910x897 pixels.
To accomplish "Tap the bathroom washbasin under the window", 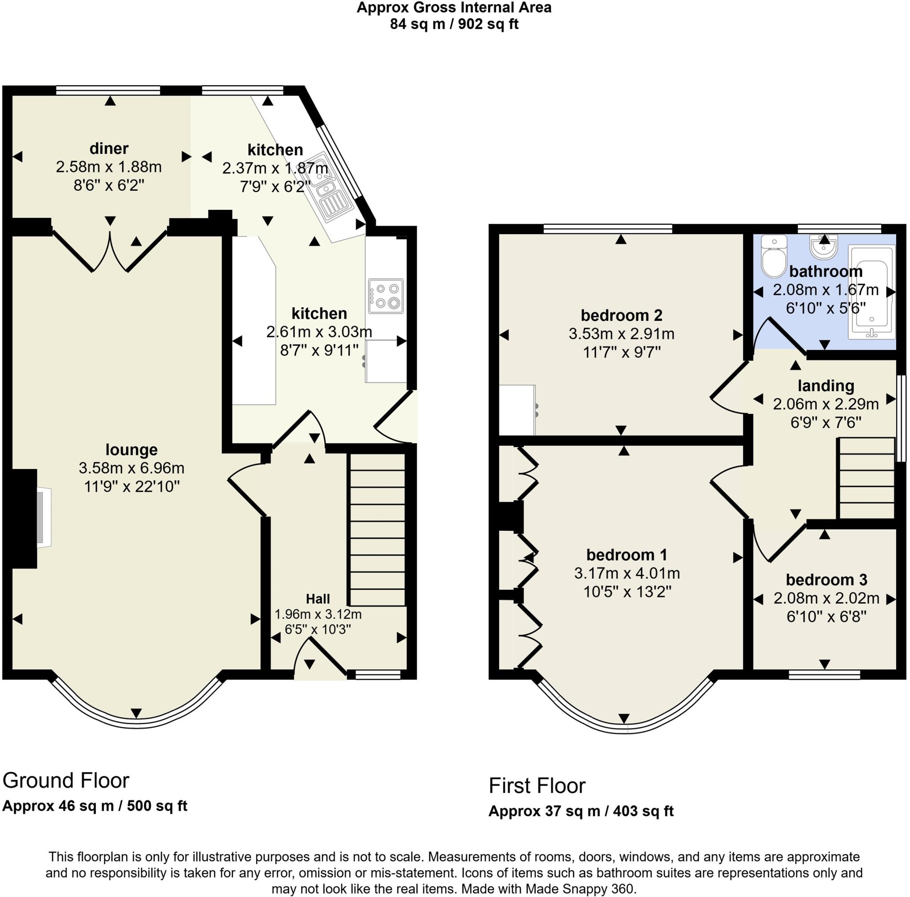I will pos(823,247).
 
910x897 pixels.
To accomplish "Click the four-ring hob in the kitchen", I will pos(386,296).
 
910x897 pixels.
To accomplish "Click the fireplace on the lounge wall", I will pos(44,518).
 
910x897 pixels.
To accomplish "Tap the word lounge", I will pos(132,449).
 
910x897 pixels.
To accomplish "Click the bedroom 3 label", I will pos(826,580).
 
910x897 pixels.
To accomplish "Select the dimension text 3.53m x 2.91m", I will pos(621,333).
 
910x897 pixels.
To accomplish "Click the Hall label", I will pos(318,599).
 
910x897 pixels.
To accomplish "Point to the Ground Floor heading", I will pos(66,781).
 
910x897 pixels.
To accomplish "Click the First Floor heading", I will pos(537,785).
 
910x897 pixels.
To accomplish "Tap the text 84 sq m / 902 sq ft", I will pos(454,24).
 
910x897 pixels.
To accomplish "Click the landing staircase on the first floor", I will pos(866,478).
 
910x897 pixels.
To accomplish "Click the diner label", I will pos(109,148).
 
